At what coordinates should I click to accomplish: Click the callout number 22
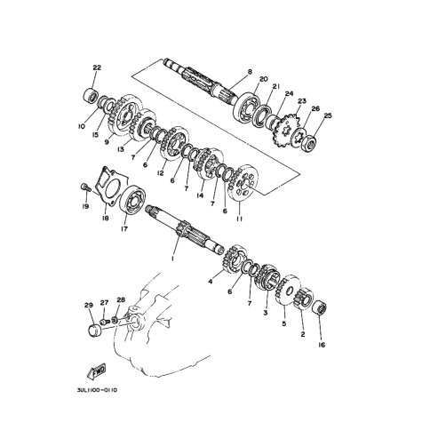click(97, 68)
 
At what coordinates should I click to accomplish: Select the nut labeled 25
click(310, 143)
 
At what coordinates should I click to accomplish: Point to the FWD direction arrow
click(97, 370)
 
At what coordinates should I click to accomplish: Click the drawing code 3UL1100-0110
click(97, 390)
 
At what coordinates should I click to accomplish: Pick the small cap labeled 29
click(95, 330)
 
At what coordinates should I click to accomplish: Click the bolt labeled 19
click(84, 187)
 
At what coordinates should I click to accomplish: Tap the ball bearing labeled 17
click(133, 199)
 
